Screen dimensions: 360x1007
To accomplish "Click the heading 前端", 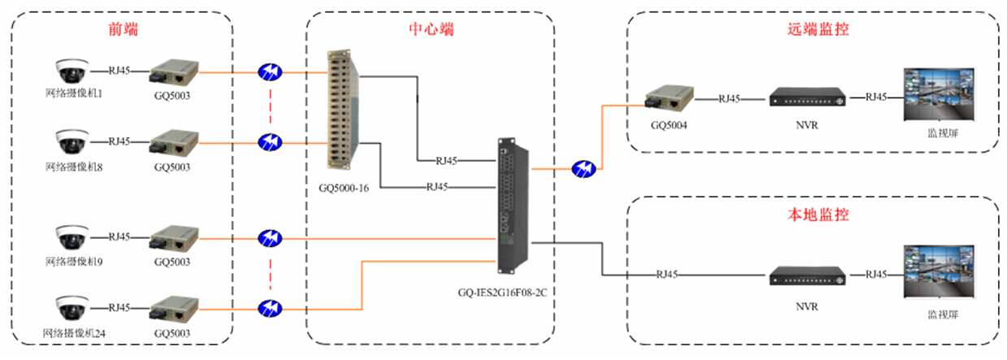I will pos(123,30).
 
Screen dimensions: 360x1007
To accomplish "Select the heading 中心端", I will pos(431,30).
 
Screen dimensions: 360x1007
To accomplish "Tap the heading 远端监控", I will pos(813,30).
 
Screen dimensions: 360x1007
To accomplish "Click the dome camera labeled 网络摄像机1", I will pos(70,71).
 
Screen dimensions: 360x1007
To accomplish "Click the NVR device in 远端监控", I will pos(807,98).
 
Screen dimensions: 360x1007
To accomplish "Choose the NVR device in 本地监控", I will pos(807,276).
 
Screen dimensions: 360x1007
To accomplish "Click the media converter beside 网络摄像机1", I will pos(171,72).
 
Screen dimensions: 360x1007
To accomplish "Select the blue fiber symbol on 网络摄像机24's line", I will pos(269,309).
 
